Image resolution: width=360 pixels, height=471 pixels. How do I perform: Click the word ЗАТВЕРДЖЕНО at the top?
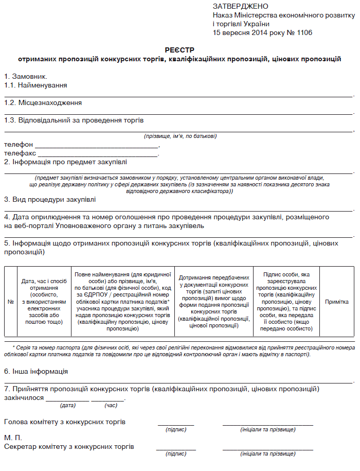tap(240, 6)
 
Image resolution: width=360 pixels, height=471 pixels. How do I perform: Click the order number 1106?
tap(302, 32)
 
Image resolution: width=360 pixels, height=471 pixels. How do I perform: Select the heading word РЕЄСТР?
tap(179, 49)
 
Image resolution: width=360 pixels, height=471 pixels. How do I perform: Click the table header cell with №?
tap(10, 301)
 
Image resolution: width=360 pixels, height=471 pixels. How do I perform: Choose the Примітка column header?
tap(336, 301)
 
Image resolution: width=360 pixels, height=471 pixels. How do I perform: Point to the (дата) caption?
tap(68, 406)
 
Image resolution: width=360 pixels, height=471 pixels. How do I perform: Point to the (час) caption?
tap(111, 406)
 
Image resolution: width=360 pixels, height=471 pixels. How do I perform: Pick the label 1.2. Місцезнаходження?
tap(43, 103)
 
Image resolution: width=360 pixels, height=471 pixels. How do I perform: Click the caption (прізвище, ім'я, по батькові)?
tap(180, 136)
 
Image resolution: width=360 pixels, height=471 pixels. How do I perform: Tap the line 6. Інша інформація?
tap(36, 371)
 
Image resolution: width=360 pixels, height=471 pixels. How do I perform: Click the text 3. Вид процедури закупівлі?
tap(50, 199)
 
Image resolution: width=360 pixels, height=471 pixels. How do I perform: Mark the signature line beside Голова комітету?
tap(176, 425)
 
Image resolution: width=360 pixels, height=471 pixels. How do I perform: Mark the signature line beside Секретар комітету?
tap(176, 449)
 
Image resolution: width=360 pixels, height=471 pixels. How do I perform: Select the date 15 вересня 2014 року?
tap(250, 32)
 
